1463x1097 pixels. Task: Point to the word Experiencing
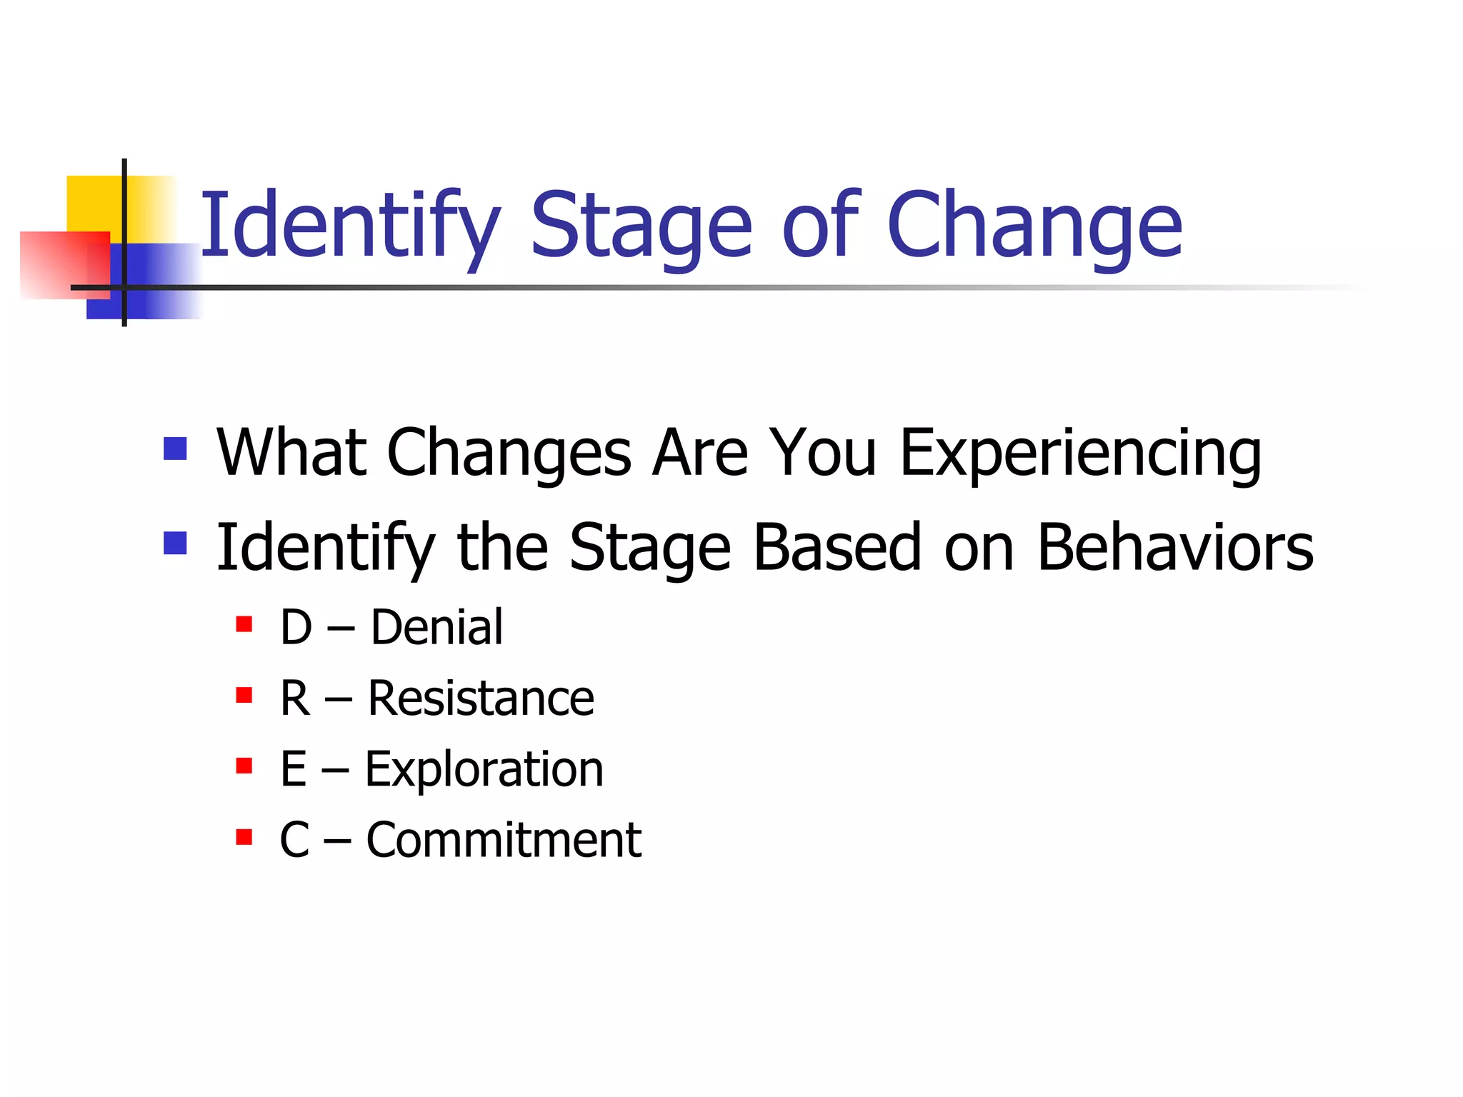(1080, 453)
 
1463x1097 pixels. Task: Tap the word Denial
(436, 627)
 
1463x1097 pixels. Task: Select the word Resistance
(480, 698)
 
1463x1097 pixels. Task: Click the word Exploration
(484, 769)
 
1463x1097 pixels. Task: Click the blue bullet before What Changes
(175, 449)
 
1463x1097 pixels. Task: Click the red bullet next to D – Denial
(244, 624)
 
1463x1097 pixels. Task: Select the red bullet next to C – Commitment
(244, 836)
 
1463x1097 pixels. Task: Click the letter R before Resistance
(295, 698)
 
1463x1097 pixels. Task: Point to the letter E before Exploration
(294, 769)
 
